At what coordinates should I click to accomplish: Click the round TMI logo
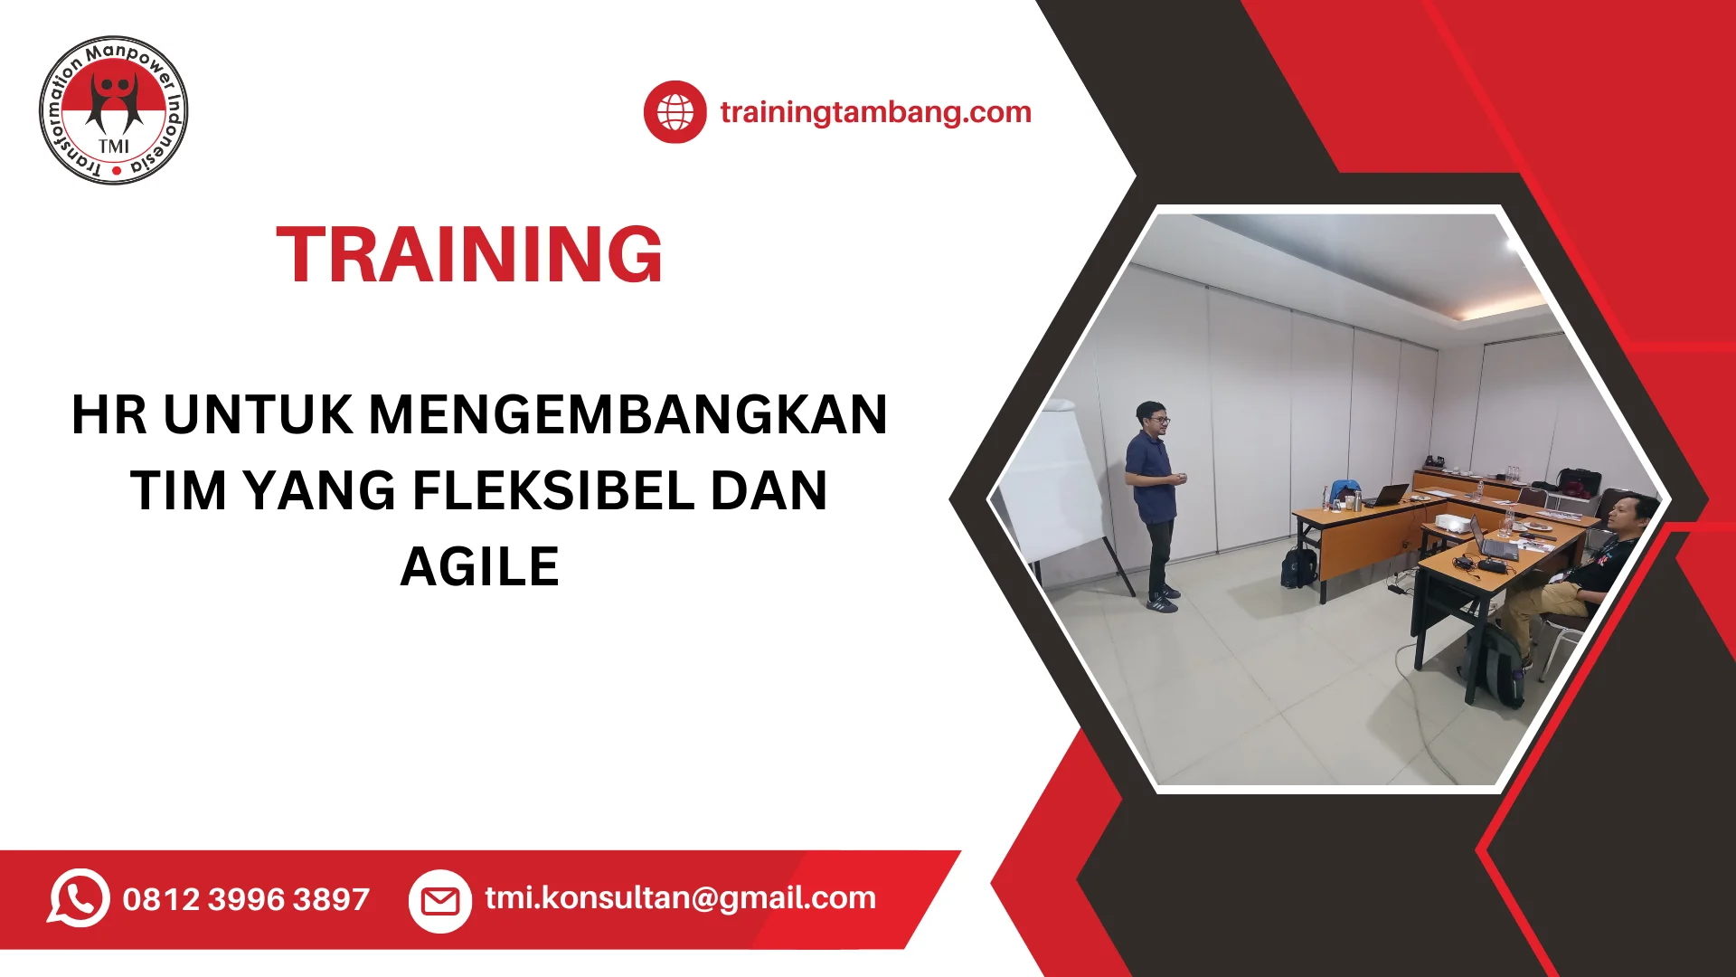114,110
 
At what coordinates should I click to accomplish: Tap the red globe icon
675,112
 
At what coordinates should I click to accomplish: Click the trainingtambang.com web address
875,112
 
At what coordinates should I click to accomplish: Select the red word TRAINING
469,254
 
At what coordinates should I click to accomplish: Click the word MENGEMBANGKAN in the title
628,414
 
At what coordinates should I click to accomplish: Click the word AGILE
479,566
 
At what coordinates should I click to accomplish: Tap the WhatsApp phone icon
79,897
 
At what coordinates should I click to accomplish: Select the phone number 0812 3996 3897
246,899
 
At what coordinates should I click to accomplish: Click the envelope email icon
440,901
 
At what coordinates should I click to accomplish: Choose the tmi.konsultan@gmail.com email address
680,897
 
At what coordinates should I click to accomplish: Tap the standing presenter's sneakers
1163,599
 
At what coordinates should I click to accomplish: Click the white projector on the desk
1451,523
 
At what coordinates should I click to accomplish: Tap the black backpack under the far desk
1299,566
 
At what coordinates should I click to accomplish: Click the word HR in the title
108,414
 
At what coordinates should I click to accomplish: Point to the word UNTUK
258,414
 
